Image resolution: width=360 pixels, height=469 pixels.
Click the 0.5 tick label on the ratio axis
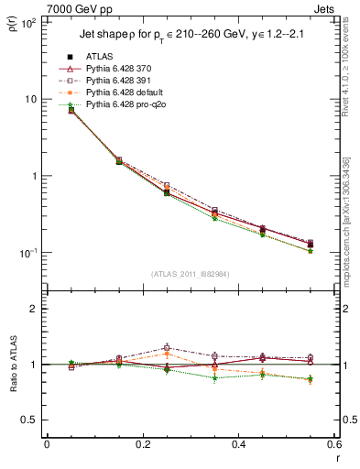pos(30,420)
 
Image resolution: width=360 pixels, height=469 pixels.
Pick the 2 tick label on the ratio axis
pos(34,310)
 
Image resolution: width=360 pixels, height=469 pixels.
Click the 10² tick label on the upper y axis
pos(28,22)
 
